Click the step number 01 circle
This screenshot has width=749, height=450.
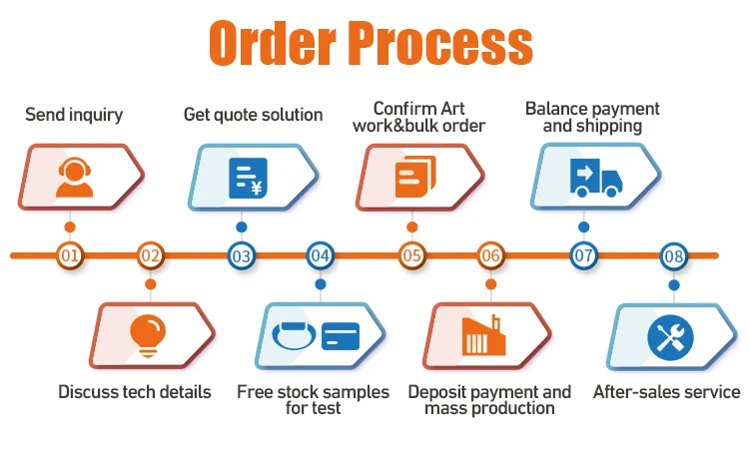tap(70, 255)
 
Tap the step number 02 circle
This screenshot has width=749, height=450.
tap(150, 255)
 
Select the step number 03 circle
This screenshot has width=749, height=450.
tap(241, 255)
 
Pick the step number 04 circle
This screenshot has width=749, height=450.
tap(320, 255)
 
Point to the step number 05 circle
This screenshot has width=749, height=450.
tap(411, 255)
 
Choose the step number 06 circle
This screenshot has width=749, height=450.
tap(490, 255)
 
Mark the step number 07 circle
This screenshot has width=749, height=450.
tap(583, 255)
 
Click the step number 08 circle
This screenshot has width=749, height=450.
tap(674, 255)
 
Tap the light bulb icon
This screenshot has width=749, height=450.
tap(149, 333)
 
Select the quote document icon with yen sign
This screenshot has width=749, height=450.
tap(247, 177)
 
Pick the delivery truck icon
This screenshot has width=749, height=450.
tap(593, 177)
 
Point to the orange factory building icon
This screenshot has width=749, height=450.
tap(484, 335)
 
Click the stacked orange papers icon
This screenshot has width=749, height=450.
tap(414, 177)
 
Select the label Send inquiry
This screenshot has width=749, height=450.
tap(74, 115)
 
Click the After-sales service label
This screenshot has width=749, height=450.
tap(666, 392)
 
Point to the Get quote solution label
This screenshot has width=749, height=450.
tap(253, 115)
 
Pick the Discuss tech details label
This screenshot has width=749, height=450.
tap(135, 392)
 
